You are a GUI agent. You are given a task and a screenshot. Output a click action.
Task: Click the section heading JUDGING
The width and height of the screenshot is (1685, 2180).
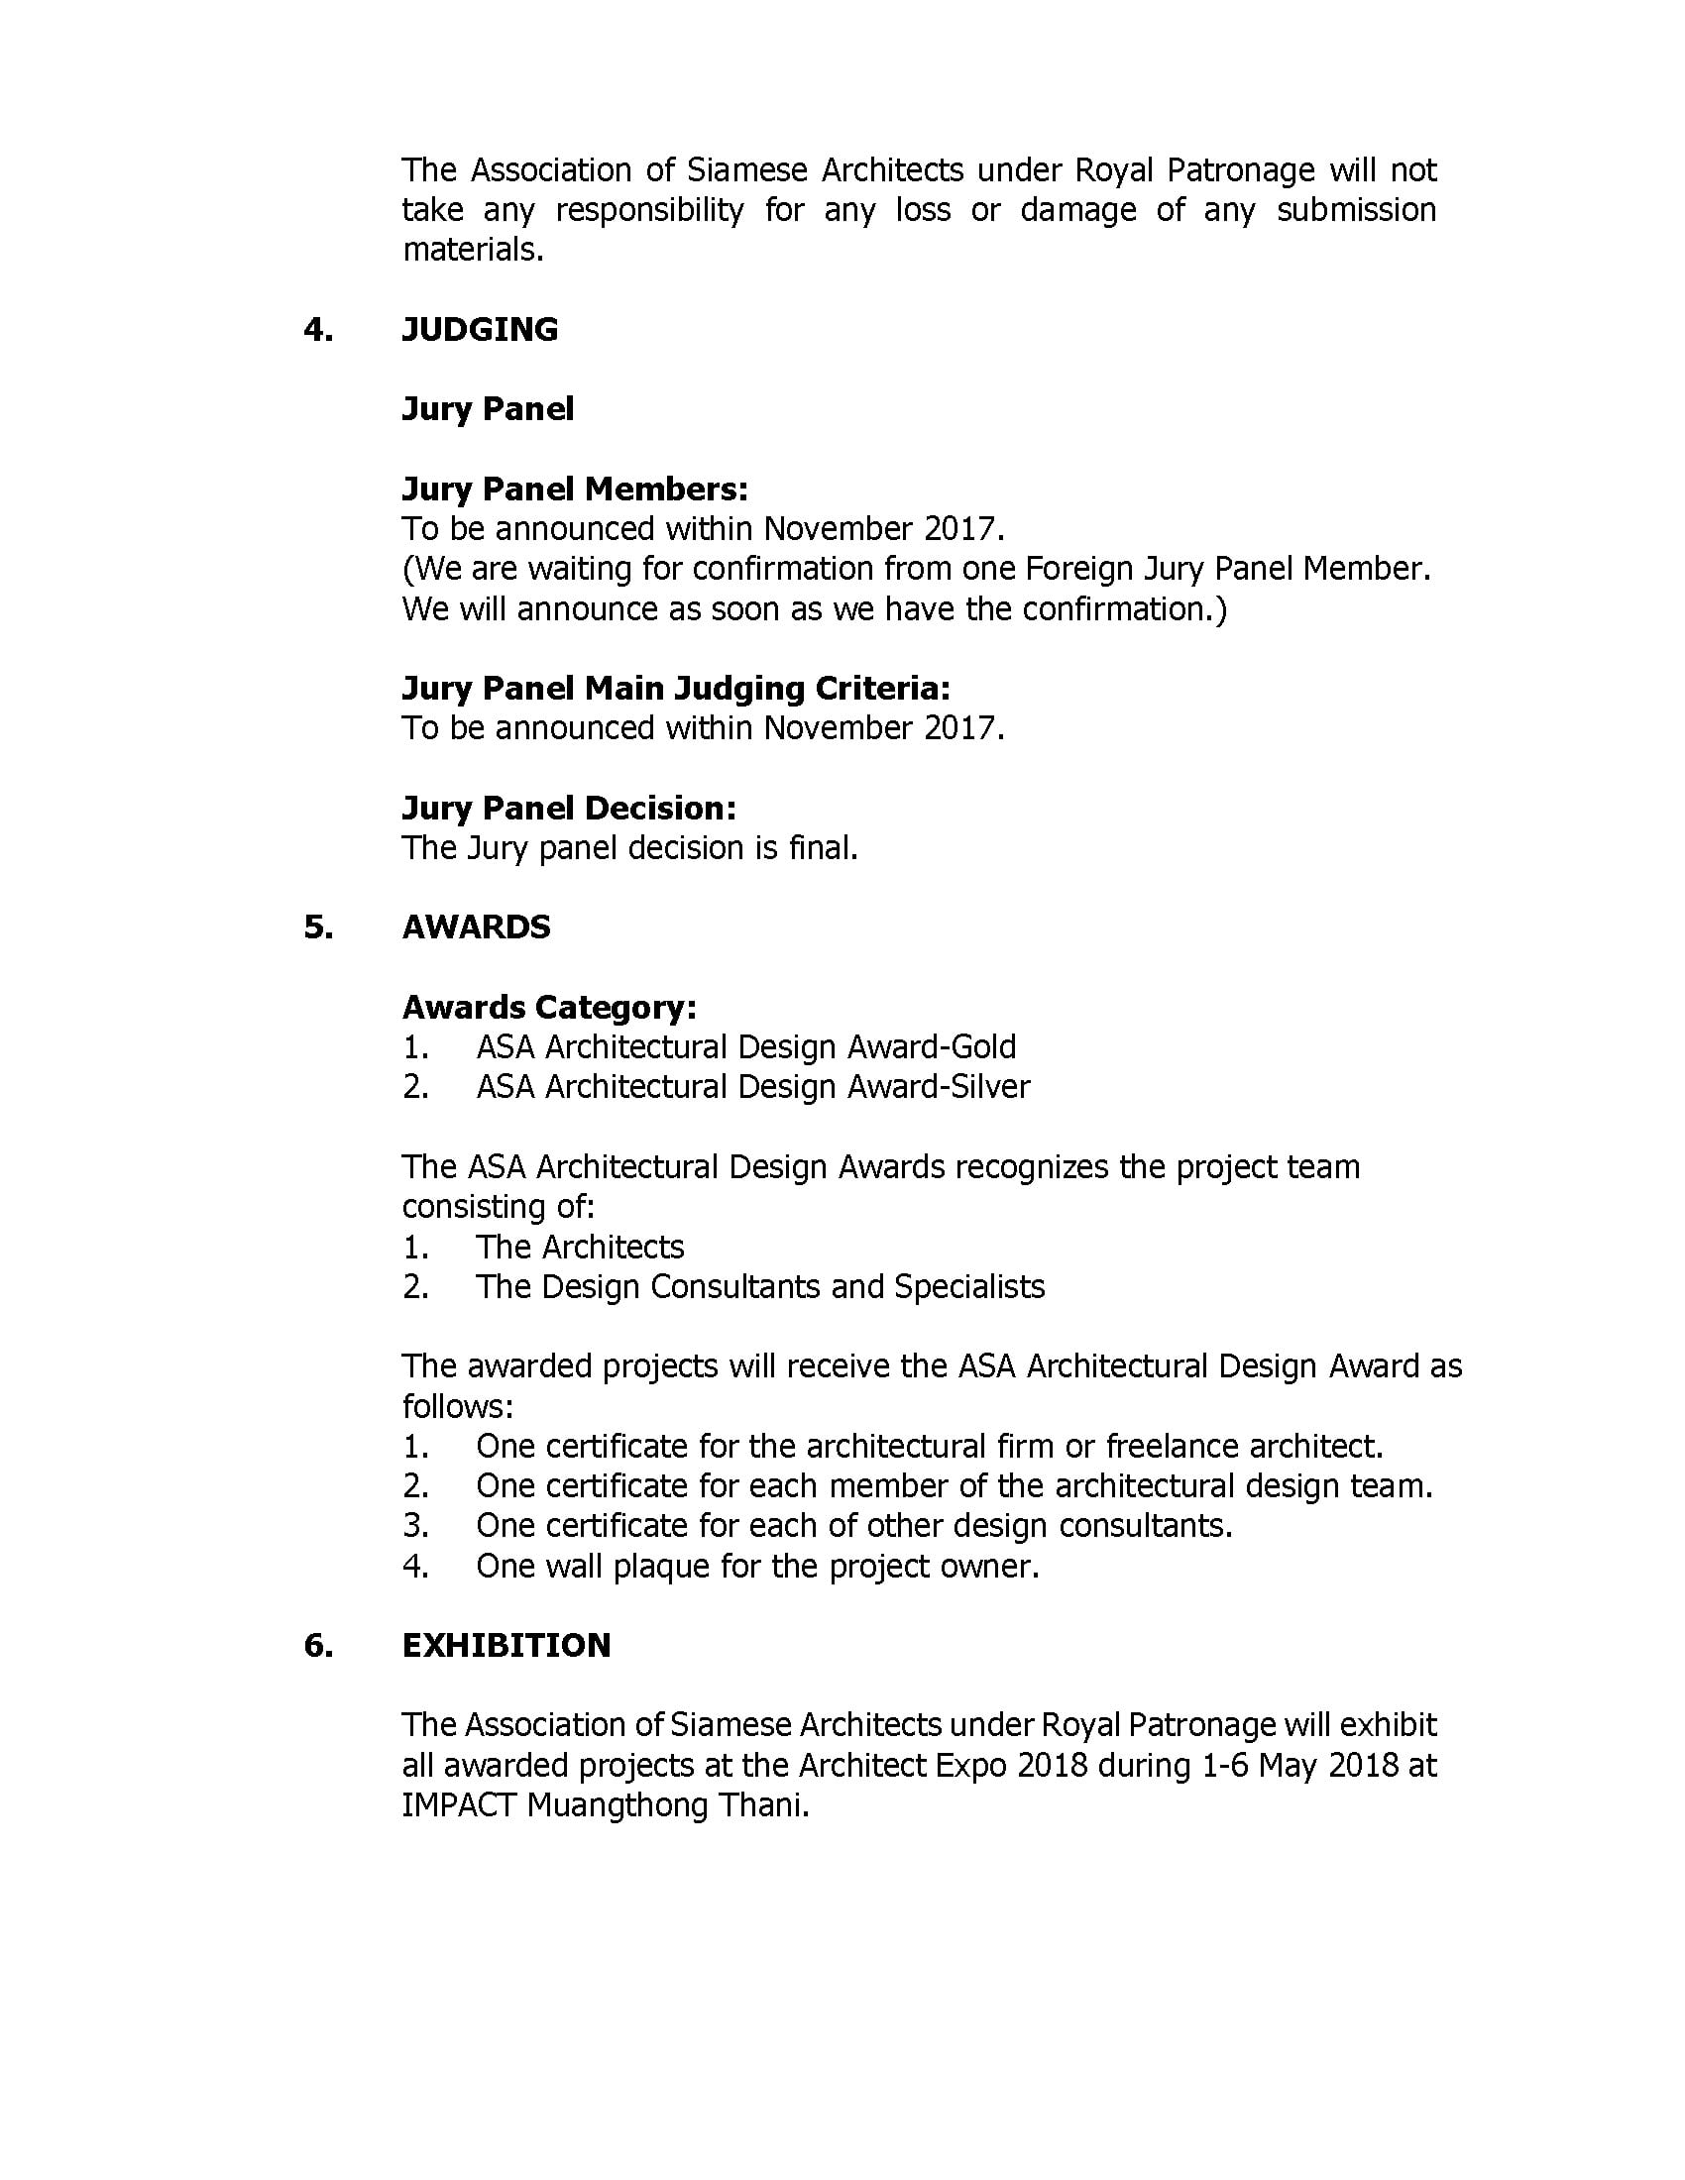(479, 329)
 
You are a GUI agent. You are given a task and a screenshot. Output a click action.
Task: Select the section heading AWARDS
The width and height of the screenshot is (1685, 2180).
(476, 927)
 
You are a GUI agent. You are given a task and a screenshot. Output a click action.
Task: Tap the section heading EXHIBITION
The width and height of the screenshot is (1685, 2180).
(506, 1646)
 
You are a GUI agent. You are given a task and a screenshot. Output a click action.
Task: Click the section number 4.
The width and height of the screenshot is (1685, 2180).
(318, 329)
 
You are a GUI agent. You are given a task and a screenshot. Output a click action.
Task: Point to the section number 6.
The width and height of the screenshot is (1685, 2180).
(318, 1646)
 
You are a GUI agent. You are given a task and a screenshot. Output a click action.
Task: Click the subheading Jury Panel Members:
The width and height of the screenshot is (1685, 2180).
(574, 490)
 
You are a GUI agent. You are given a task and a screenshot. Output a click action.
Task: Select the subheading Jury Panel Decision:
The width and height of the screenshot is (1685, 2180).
(569, 808)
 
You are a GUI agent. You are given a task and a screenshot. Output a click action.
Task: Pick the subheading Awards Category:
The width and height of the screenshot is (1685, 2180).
(549, 1007)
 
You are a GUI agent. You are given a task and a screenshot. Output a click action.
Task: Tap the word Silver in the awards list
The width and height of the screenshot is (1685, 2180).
(990, 1087)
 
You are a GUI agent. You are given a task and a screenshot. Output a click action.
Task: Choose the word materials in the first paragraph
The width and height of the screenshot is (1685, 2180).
(471, 250)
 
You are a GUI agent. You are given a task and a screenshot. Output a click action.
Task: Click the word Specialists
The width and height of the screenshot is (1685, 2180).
(969, 1287)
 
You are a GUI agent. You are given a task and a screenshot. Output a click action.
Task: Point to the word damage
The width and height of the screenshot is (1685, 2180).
(1078, 211)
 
